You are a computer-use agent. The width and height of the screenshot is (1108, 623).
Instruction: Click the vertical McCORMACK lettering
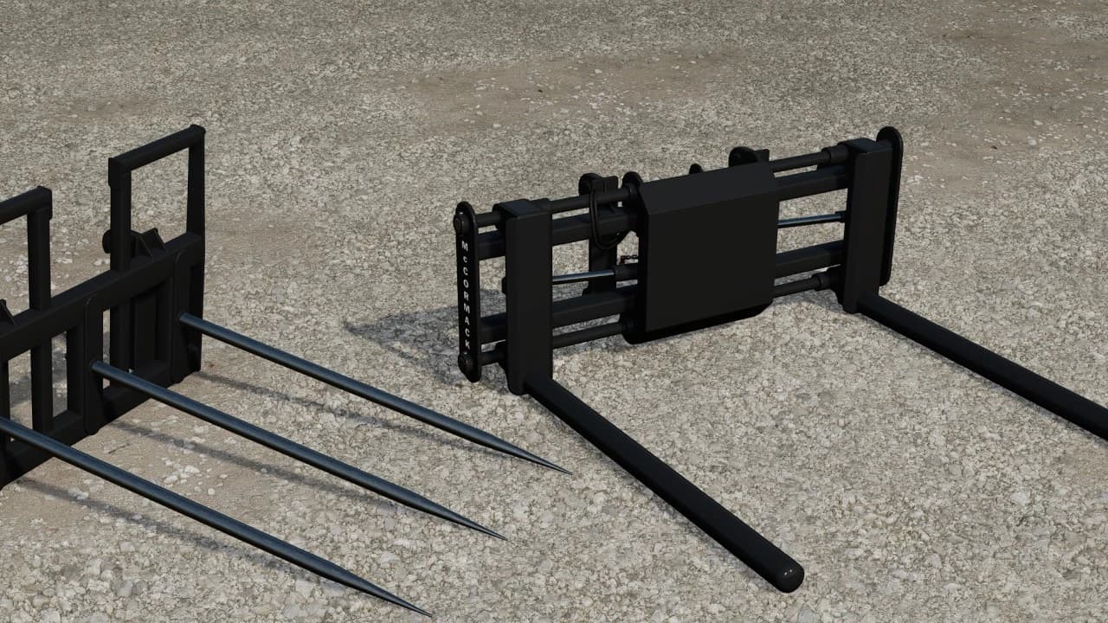pos(466,295)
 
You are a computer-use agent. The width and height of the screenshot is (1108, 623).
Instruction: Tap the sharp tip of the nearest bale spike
pos(430,615)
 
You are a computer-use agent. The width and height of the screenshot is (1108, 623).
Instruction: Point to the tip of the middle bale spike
pos(505,538)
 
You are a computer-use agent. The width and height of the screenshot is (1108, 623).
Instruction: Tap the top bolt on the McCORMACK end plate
pos(463,222)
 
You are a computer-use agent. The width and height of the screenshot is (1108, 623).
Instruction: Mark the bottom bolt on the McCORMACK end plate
pos(467,363)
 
